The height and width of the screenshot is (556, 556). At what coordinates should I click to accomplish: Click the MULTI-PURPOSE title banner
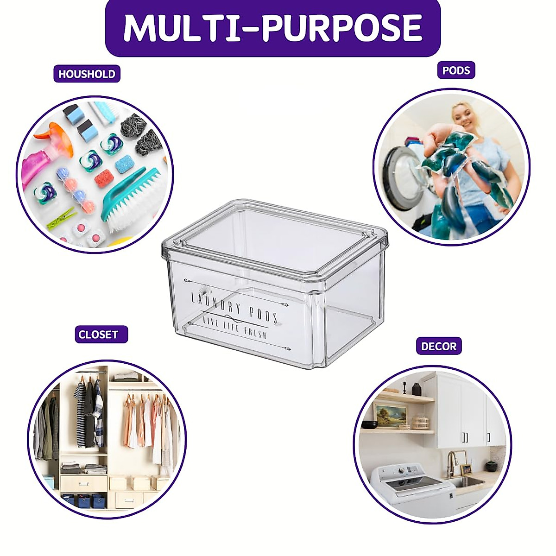click(x=272, y=28)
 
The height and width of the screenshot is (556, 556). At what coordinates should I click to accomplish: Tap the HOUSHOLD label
click(x=87, y=74)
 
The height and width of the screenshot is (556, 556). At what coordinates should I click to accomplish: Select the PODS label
click(x=456, y=70)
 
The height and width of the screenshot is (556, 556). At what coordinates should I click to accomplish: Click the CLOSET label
click(x=98, y=335)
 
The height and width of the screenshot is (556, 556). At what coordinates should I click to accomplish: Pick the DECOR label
click(x=438, y=346)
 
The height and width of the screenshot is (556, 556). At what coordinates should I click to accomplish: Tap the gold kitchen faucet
click(x=451, y=463)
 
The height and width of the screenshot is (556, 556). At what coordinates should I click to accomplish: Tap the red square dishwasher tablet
click(x=104, y=178)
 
